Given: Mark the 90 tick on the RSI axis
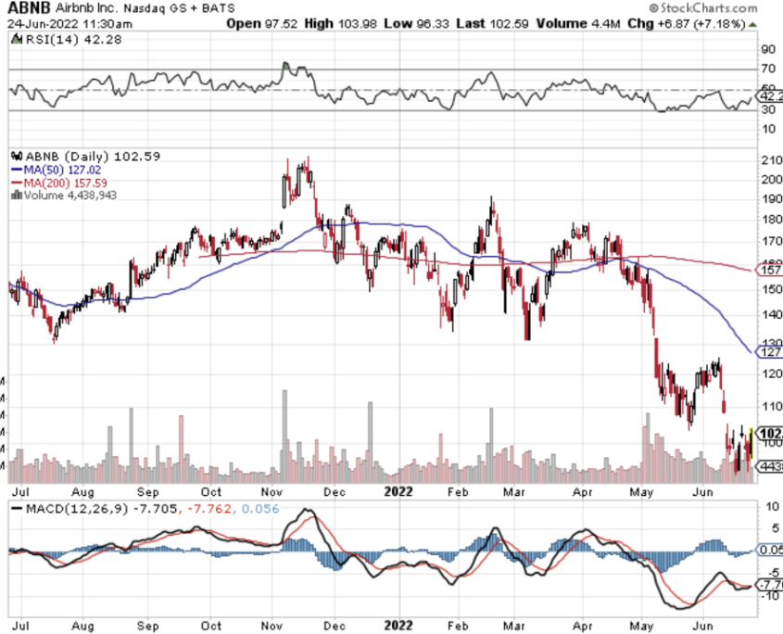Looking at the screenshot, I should tap(766, 49).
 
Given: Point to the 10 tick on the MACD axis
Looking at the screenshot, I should tap(766, 507).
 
